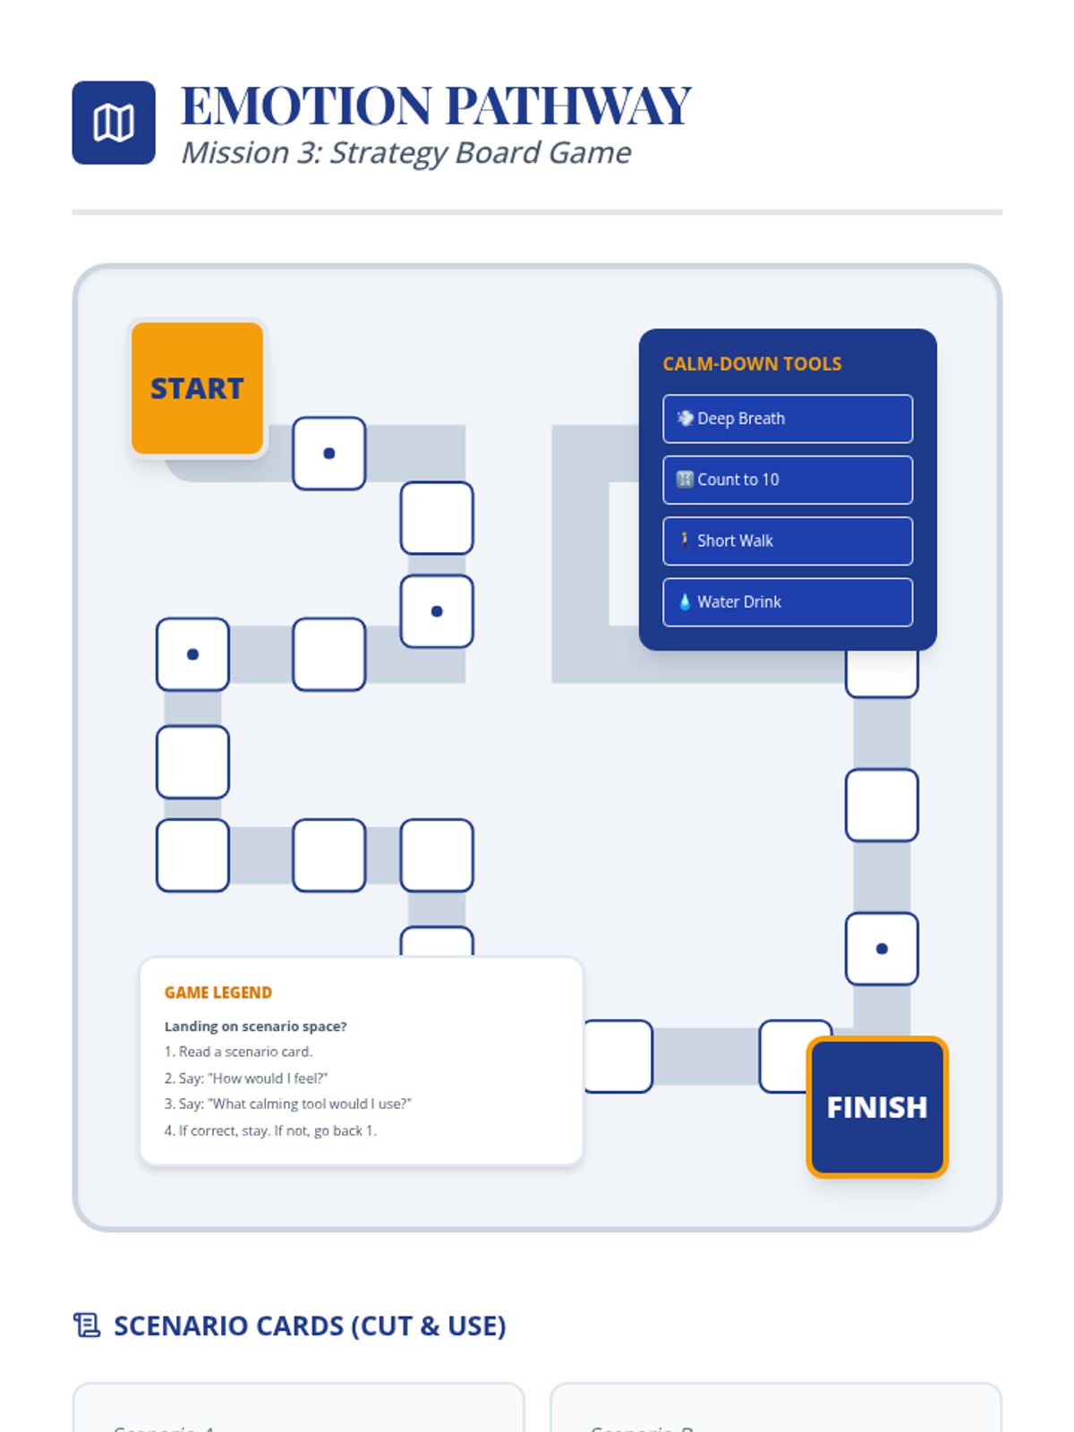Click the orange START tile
(x=197, y=388)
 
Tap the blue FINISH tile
(x=877, y=1107)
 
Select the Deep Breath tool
(x=788, y=419)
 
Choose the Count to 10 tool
(x=788, y=480)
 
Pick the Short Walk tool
(x=788, y=541)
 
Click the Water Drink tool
(x=788, y=602)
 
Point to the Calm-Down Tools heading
(x=752, y=364)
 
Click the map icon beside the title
(x=114, y=123)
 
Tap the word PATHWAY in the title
(x=568, y=106)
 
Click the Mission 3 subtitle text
(x=406, y=153)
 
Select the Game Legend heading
(x=218, y=993)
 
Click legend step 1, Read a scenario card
(x=239, y=1052)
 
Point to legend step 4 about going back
(x=270, y=1130)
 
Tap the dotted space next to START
(x=329, y=454)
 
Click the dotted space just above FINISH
(x=882, y=949)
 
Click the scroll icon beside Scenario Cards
(x=87, y=1325)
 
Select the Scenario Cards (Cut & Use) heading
(x=310, y=1325)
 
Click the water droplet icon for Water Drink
(x=685, y=602)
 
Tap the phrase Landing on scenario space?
(x=256, y=1027)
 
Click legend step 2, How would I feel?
(x=246, y=1078)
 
